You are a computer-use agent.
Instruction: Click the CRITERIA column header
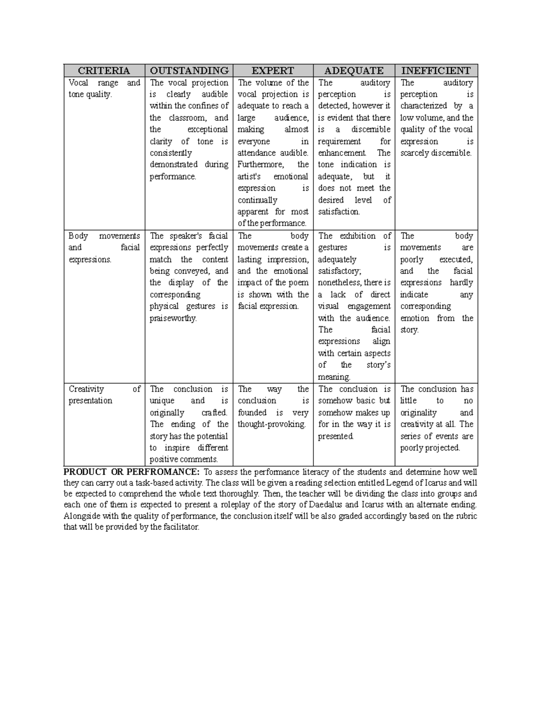[x=104, y=71]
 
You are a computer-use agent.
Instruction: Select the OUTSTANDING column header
[x=189, y=71]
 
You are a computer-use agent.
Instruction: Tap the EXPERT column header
[x=273, y=71]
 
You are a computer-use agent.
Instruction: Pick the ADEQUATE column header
[x=354, y=71]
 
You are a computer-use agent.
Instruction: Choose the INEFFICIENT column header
[x=436, y=71]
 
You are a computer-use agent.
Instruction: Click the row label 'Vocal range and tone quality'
[x=104, y=89]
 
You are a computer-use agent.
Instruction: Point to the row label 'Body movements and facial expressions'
[x=104, y=248]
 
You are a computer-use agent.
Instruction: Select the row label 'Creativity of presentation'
[x=104, y=395]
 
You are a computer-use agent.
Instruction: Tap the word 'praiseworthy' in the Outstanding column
[x=173, y=318]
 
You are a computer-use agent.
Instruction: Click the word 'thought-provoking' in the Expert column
[x=271, y=424]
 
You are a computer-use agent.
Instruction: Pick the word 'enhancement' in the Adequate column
[x=341, y=153]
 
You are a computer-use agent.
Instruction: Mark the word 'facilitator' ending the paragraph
[x=179, y=528]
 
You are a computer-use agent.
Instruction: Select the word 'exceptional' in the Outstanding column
[x=208, y=129]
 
